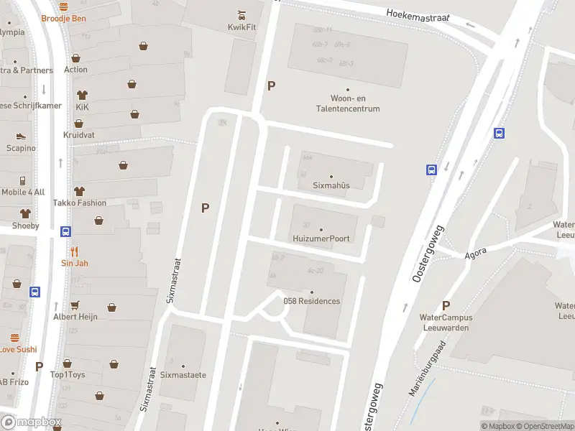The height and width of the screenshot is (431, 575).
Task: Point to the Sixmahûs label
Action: pyautogui.click(x=331, y=185)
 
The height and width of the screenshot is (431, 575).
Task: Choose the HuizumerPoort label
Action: pyautogui.click(x=321, y=238)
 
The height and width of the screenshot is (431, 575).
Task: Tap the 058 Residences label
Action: pyautogui.click(x=312, y=301)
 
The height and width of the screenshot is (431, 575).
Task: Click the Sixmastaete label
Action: pyautogui.click(x=183, y=375)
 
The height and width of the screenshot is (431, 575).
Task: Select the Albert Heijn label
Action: pyautogui.click(x=75, y=317)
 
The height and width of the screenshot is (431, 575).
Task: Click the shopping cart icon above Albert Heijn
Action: pyautogui.click(x=75, y=304)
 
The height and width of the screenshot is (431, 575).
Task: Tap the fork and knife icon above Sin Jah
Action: pyautogui.click(x=75, y=251)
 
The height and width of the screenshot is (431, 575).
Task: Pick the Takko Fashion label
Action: pyautogui.click(x=79, y=203)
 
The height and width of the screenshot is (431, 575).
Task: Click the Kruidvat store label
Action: pyautogui.click(x=79, y=135)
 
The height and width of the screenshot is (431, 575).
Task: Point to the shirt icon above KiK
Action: pyautogui.click(x=81, y=95)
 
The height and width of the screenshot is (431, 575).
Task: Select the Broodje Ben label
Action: pyautogui.click(x=63, y=18)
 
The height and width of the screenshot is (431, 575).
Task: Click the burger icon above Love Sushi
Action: pyautogui.click(x=14, y=338)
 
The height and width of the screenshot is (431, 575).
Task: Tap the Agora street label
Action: pyautogui.click(x=475, y=252)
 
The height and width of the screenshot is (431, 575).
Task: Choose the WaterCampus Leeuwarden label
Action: pyautogui.click(x=444, y=323)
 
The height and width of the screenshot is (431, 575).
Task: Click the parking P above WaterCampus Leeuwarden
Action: pyautogui.click(x=446, y=305)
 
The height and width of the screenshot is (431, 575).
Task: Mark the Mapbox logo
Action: pyautogui.click(x=31, y=422)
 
